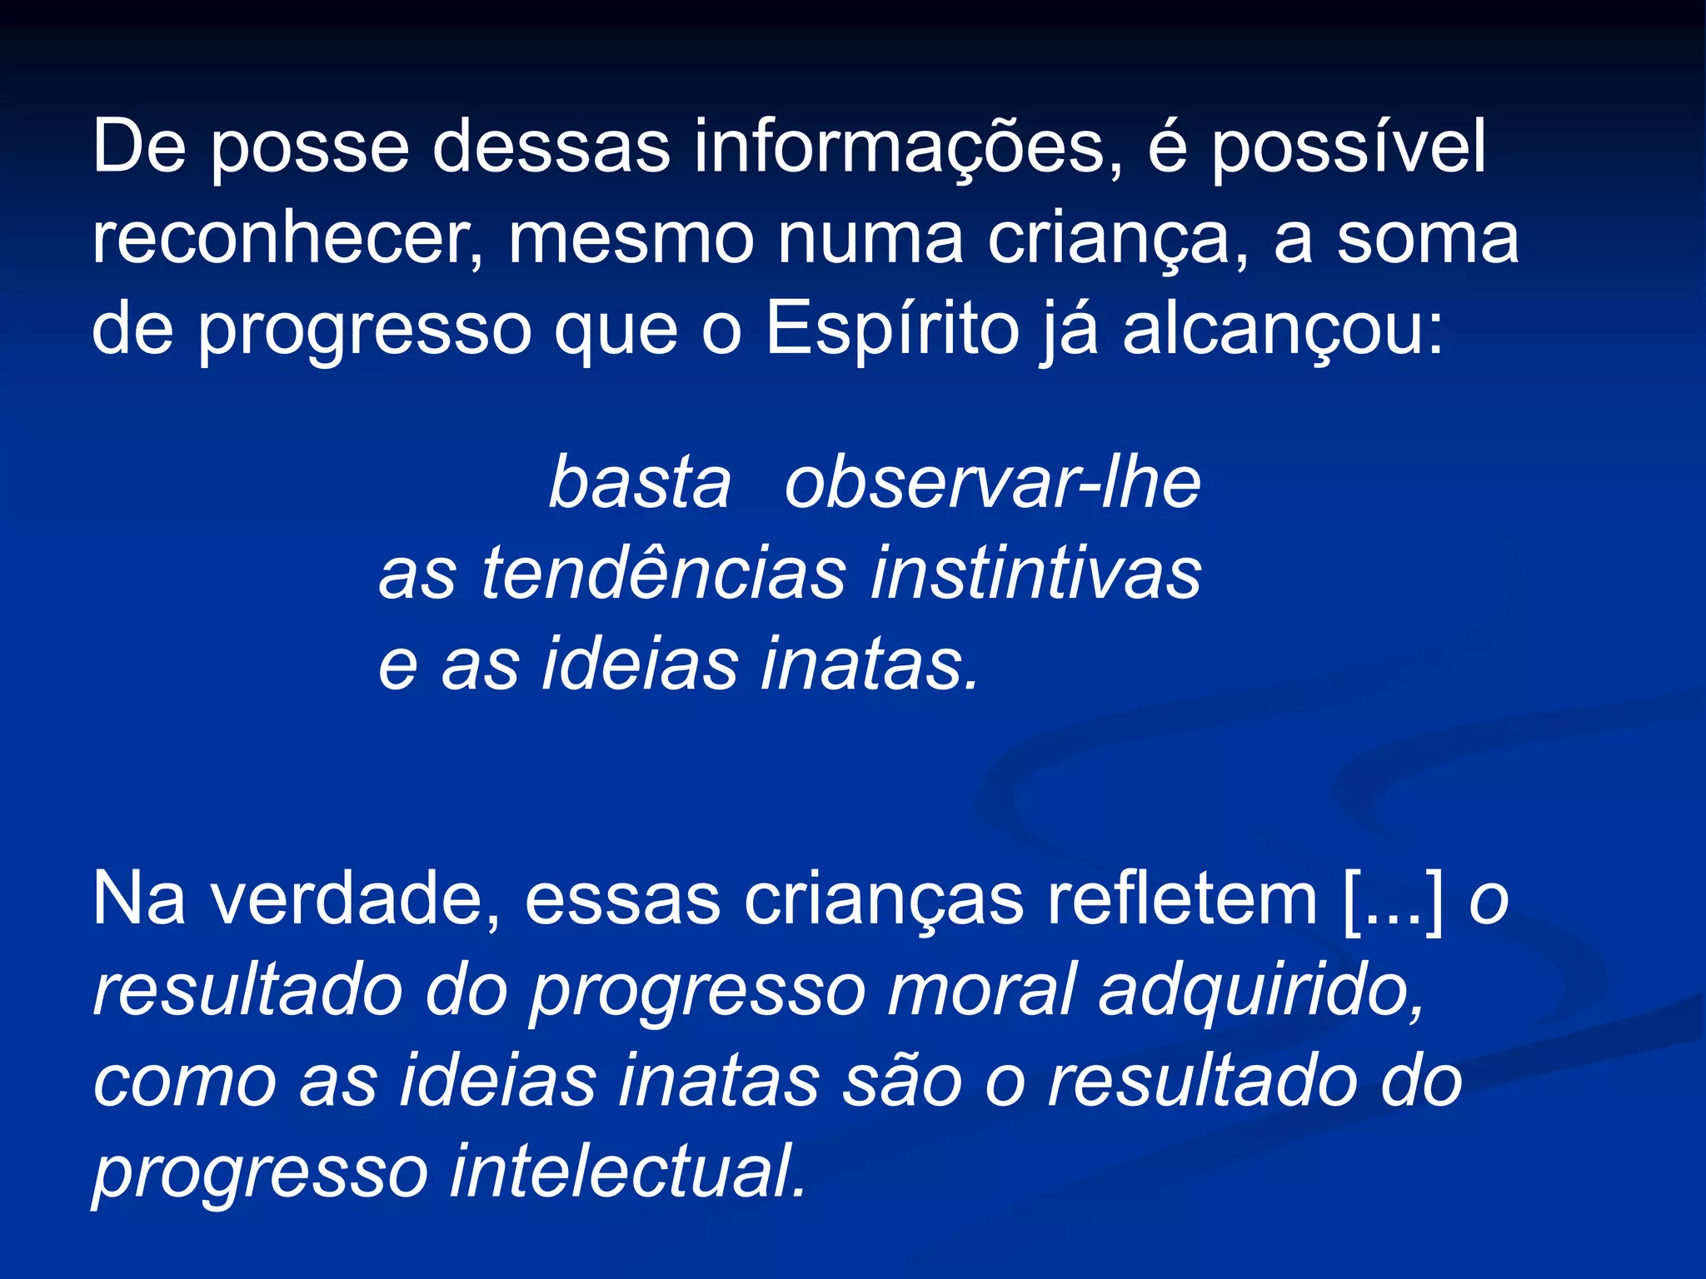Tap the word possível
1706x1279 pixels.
point(1348,148)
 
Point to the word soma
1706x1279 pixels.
point(1428,240)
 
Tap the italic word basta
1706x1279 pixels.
point(640,484)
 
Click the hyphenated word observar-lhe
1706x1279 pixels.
point(992,484)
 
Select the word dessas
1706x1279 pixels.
point(551,148)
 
